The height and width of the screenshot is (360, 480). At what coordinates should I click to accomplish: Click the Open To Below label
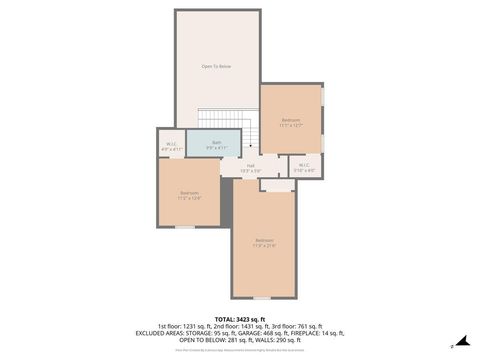pyautogui.click(x=216, y=66)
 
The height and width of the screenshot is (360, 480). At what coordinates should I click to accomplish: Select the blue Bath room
pyautogui.click(x=214, y=144)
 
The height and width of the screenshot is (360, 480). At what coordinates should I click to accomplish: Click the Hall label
pyautogui.click(x=250, y=167)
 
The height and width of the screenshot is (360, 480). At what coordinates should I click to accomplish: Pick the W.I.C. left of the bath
pyautogui.click(x=170, y=146)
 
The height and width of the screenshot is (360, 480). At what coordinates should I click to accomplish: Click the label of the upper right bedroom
pyautogui.click(x=290, y=122)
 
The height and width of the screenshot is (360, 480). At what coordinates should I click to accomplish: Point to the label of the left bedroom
pyautogui.click(x=189, y=194)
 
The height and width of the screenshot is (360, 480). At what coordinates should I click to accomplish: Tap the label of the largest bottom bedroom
pyautogui.click(x=264, y=241)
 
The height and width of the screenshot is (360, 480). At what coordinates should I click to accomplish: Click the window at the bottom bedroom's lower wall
pyautogui.click(x=262, y=298)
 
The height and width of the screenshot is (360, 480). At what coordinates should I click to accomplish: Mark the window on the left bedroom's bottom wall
pyautogui.click(x=185, y=228)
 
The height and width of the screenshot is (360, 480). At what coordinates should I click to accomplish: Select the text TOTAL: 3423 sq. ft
pyautogui.click(x=240, y=317)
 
